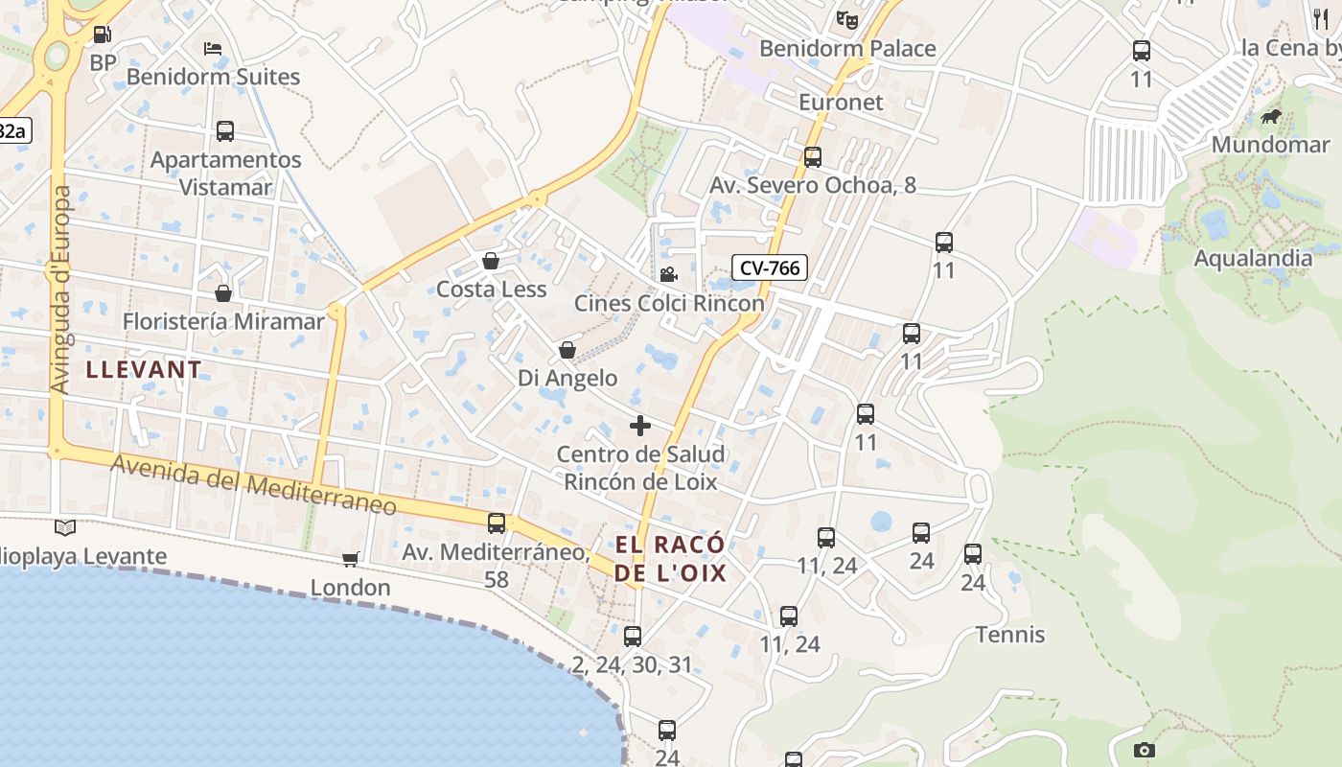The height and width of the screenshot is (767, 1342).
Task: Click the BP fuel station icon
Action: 102,35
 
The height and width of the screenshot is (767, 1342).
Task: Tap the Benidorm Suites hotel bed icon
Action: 213,48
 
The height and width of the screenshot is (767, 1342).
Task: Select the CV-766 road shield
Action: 769,267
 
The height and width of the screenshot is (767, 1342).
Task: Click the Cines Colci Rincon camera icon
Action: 668,275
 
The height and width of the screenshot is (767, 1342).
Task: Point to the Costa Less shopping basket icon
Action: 491,261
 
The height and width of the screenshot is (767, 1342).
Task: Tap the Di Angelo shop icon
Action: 567,350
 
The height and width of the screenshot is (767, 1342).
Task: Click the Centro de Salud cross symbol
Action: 640,426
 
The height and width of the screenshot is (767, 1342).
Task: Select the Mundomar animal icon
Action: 1271,117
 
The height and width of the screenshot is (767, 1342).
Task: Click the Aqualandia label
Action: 1253,258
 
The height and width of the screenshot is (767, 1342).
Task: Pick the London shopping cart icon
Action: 351,559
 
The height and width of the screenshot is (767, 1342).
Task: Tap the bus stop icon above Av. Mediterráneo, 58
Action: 497,523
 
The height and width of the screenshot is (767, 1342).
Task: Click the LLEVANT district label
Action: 145,369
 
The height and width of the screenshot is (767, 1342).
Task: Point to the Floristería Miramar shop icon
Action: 223,293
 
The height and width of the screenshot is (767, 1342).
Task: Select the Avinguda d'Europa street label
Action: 62,290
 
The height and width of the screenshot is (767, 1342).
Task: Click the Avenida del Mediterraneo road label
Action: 254,485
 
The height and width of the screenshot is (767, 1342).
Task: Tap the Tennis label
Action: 1010,635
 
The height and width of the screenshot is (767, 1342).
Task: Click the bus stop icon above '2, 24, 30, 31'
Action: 633,637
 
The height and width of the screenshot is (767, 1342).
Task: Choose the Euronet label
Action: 841,102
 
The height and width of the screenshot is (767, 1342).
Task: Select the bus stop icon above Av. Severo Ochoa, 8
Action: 813,157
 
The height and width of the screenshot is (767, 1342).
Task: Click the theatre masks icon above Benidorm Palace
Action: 847,19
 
